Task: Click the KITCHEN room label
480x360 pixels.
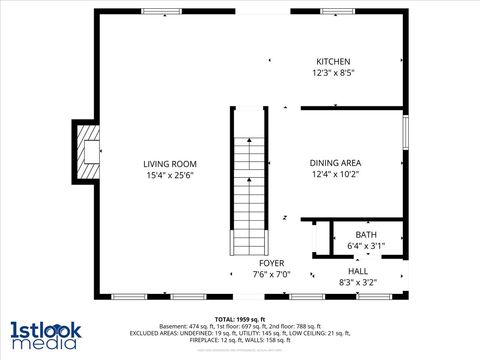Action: tap(334, 62)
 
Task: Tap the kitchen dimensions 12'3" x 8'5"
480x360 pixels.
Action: tap(334, 73)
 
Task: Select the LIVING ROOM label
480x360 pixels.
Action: tap(169, 164)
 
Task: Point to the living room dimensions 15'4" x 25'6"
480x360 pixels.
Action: tap(169, 175)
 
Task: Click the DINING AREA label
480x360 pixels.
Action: tap(336, 163)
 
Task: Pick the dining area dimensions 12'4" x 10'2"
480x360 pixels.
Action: tap(336, 174)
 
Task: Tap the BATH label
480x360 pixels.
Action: tap(366, 235)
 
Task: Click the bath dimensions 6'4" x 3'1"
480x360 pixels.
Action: tap(366, 246)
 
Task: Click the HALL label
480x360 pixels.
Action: tap(358, 271)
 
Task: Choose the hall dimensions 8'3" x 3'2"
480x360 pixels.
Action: tap(358, 282)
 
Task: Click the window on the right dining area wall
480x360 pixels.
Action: tap(405, 132)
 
